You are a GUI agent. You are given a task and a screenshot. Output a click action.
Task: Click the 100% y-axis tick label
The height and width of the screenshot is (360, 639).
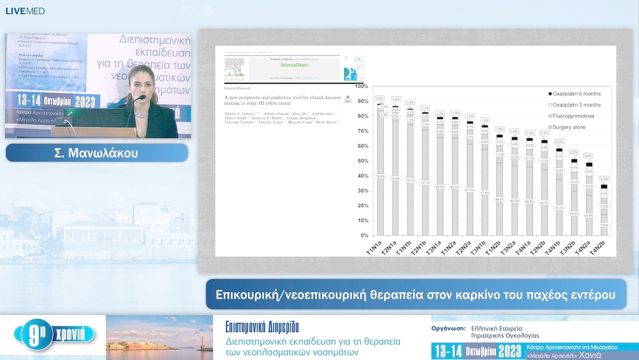[361, 86]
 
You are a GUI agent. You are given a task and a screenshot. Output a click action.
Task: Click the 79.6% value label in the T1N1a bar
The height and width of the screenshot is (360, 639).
[379, 176]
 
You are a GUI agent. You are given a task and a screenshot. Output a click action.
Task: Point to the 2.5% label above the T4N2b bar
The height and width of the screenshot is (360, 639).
[604, 179]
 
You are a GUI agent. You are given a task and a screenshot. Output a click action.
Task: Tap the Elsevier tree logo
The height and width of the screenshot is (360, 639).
[234, 67]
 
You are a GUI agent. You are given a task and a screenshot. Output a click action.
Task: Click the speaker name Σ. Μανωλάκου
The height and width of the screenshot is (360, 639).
[96, 152]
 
